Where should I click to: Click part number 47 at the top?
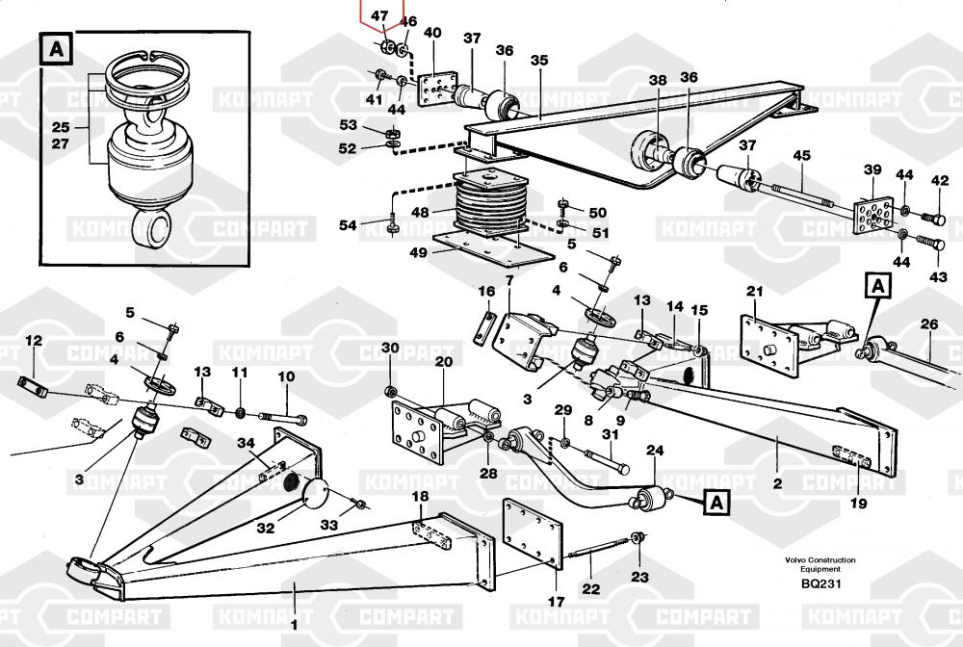point(379,15)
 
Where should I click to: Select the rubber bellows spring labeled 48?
point(491,204)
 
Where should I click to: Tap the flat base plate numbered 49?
point(493,248)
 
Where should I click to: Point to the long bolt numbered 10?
point(283,418)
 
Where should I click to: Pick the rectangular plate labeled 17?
point(533,534)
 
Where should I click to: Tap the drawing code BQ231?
point(820,583)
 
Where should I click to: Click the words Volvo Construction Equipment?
point(820,564)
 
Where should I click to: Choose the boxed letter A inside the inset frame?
point(57,49)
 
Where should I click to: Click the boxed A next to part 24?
point(716,504)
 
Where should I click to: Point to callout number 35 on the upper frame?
point(538,60)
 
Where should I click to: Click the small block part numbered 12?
point(33,387)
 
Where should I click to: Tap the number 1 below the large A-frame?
point(294,626)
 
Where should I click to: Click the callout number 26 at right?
point(929,323)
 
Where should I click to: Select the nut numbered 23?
point(638,538)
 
